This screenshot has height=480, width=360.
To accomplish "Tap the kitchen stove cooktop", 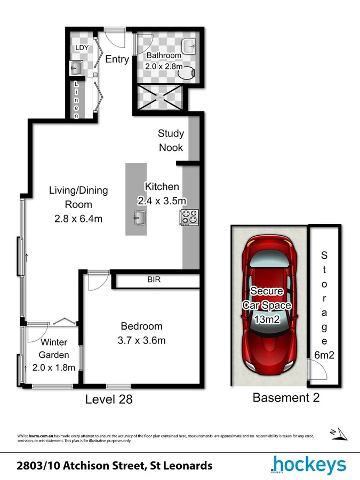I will (x=189, y=217).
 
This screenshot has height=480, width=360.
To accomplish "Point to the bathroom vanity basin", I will (x=190, y=45).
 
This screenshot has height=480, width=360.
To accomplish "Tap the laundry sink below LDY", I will (x=75, y=68).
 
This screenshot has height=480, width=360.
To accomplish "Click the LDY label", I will (x=82, y=47).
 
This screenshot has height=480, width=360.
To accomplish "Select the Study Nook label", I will (x=171, y=140).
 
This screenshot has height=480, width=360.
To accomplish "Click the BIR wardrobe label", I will (x=154, y=279).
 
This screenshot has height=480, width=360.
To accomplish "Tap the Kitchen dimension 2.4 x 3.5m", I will (x=162, y=201).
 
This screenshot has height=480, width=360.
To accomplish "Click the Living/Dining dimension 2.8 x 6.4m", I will (x=78, y=219).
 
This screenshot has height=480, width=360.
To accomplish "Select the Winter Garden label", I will (x=53, y=349).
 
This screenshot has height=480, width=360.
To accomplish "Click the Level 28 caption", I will (x=109, y=398).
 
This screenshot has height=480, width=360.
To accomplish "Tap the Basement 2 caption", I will (x=286, y=397).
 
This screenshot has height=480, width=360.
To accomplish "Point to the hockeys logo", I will (x=308, y=466).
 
